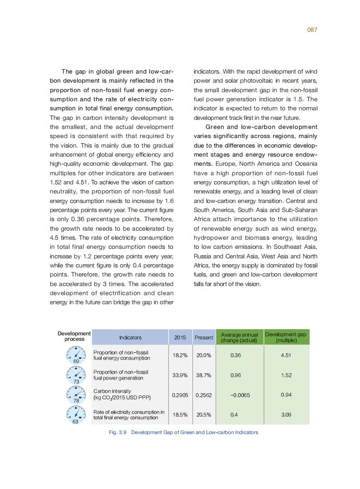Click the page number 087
coord(312,30)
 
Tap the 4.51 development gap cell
coord(286,355)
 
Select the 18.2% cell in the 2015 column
coord(180,355)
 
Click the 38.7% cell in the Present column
coord(203,375)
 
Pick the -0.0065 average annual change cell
coord(240,395)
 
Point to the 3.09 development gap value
coord(286,415)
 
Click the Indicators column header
coord(130,337)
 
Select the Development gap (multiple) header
coord(286,337)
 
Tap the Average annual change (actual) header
coord(239,337)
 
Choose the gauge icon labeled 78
coord(75,394)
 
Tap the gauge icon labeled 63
coord(75,414)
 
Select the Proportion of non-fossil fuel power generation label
coord(121,375)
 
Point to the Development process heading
coord(74,336)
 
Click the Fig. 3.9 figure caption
coord(183,432)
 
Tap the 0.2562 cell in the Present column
coord(203,395)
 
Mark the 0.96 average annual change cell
coord(236,375)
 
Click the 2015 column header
coord(180,337)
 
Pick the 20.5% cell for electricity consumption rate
coord(203,415)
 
